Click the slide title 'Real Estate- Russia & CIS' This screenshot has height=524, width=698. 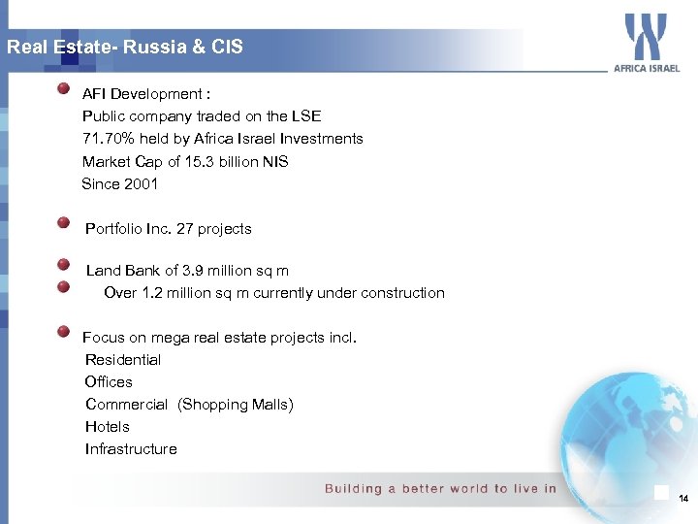coord(125,47)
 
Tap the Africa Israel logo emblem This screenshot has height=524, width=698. coord(646,37)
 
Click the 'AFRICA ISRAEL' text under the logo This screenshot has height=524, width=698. coord(647,69)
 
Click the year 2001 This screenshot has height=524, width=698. coord(141,183)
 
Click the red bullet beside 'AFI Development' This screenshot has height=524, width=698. coord(63,89)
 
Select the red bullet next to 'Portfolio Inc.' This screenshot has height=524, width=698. coord(63,223)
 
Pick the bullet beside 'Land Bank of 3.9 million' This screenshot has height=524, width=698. coord(63,265)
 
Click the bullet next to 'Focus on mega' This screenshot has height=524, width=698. coord(63,331)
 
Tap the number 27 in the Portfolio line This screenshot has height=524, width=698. coord(185,229)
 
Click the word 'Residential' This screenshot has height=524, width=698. coord(123,360)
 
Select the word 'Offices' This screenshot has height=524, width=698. coord(109,382)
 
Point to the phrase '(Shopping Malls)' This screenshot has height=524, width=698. coord(236,405)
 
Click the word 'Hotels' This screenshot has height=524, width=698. coord(107,427)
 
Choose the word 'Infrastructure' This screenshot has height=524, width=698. coord(131,449)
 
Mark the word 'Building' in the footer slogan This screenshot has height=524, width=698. coord(354,489)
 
